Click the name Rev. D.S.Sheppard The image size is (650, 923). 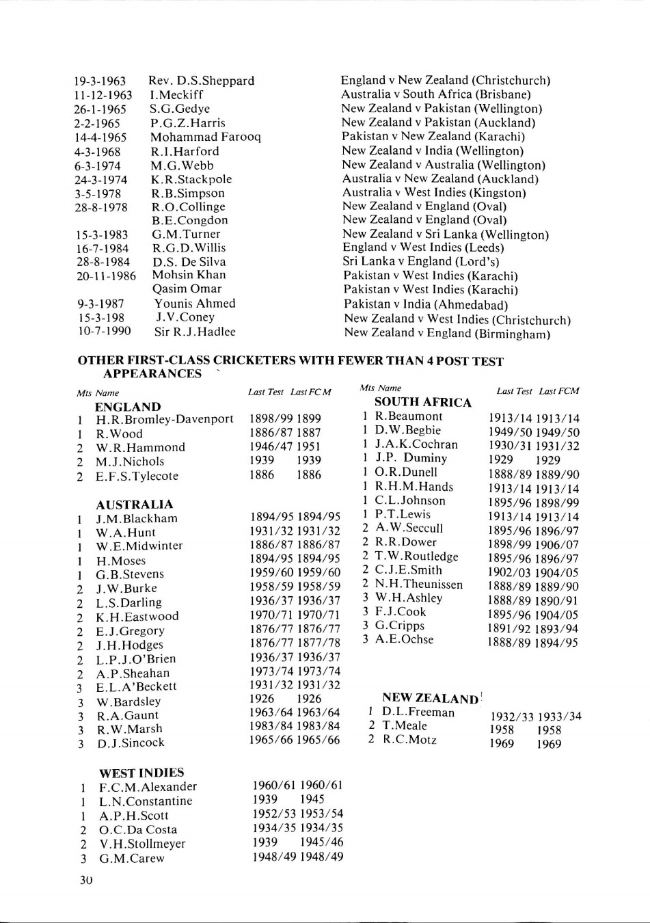[x=201, y=81]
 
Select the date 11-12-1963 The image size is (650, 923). [x=103, y=95]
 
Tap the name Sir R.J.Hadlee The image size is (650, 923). [x=195, y=332]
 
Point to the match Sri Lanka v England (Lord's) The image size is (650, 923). [x=421, y=262]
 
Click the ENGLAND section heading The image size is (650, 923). [x=128, y=407]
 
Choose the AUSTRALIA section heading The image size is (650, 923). [x=135, y=505]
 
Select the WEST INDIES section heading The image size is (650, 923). [x=141, y=773]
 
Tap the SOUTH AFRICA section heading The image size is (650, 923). [x=423, y=403]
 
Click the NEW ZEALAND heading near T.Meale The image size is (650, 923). [x=430, y=698]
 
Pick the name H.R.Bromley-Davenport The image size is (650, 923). [x=164, y=419]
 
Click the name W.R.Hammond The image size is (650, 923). [x=140, y=447]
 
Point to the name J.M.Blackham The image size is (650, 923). [x=136, y=518]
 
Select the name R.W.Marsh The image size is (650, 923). [x=129, y=729]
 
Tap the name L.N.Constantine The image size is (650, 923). [x=146, y=801]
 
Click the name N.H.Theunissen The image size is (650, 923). [x=419, y=584]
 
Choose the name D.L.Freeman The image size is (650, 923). [x=418, y=712]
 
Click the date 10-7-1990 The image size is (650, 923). [x=103, y=332]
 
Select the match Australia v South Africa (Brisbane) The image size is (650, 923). [x=436, y=94]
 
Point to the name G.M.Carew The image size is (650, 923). [x=132, y=858]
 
